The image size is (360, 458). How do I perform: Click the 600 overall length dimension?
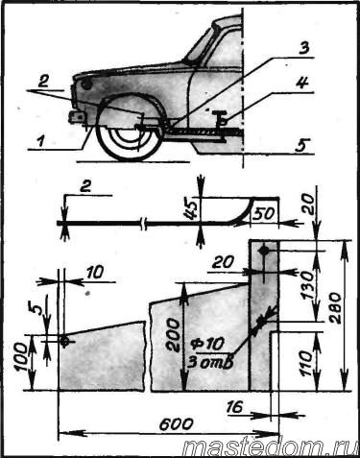coord(176,424)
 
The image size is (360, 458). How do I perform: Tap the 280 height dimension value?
coord(336,307)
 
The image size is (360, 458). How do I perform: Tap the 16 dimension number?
coord(235,407)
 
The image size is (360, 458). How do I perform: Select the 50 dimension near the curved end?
coord(263,214)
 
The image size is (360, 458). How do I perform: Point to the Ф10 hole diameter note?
coord(206,345)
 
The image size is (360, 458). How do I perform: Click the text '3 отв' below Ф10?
coord(209,362)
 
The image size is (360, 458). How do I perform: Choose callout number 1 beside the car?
coord(40,141)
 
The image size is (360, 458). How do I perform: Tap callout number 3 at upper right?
coord(302,48)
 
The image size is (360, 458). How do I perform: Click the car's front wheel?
coord(129,133)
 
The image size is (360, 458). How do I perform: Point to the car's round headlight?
coord(86,84)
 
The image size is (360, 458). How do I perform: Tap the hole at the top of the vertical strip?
coord(264,251)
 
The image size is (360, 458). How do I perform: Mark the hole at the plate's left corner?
coord(64,341)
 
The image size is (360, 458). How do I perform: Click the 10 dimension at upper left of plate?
coord(95,273)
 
